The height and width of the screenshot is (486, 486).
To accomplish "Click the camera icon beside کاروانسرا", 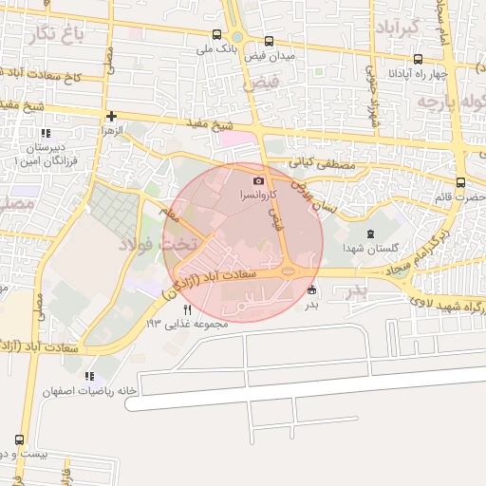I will point(259,180).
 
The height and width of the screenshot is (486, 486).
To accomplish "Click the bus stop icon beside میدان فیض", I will point(270,42).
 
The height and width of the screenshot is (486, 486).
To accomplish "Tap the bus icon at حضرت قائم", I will point(460,183).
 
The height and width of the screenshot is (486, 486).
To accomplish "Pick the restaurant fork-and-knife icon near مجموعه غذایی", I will point(188,309).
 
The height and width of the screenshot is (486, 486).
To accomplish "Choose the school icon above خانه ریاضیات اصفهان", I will point(90,376).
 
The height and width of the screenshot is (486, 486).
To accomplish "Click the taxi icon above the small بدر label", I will point(312,290).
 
